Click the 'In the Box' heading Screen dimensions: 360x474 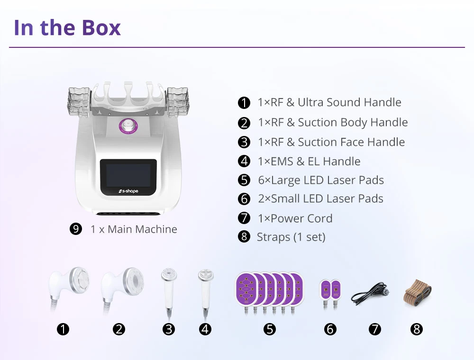(x=67, y=27)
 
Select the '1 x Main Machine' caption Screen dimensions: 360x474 (x=134, y=229)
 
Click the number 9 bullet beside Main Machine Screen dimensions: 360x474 (x=76, y=229)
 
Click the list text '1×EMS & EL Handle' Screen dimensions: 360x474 (x=309, y=162)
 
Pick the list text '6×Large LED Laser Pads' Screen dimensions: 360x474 (x=321, y=180)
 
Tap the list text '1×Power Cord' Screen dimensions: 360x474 (x=295, y=218)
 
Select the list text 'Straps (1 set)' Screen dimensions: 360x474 (x=291, y=237)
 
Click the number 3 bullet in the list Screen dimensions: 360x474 (x=244, y=142)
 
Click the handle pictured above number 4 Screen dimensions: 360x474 (x=205, y=290)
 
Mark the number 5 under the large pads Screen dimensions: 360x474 (x=270, y=329)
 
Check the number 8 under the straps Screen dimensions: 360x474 (x=417, y=329)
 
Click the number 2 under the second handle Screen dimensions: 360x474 (x=119, y=329)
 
